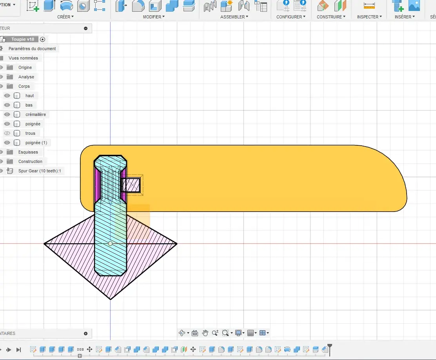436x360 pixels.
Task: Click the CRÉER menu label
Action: [x=65, y=17]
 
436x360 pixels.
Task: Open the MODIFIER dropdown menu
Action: [x=154, y=17]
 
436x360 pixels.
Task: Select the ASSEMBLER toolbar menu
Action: [x=234, y=17]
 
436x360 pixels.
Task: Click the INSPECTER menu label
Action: [x=369, y=17]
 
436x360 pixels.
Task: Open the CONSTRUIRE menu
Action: [x=331, y=17]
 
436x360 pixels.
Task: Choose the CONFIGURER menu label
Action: [x=291, y=17]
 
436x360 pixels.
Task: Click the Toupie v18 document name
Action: [x=23, y=39]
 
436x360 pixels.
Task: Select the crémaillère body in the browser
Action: [x=36, y=114]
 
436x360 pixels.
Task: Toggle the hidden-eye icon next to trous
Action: [x=7, y=133]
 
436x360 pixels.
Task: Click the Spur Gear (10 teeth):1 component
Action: [x=40, y=171]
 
